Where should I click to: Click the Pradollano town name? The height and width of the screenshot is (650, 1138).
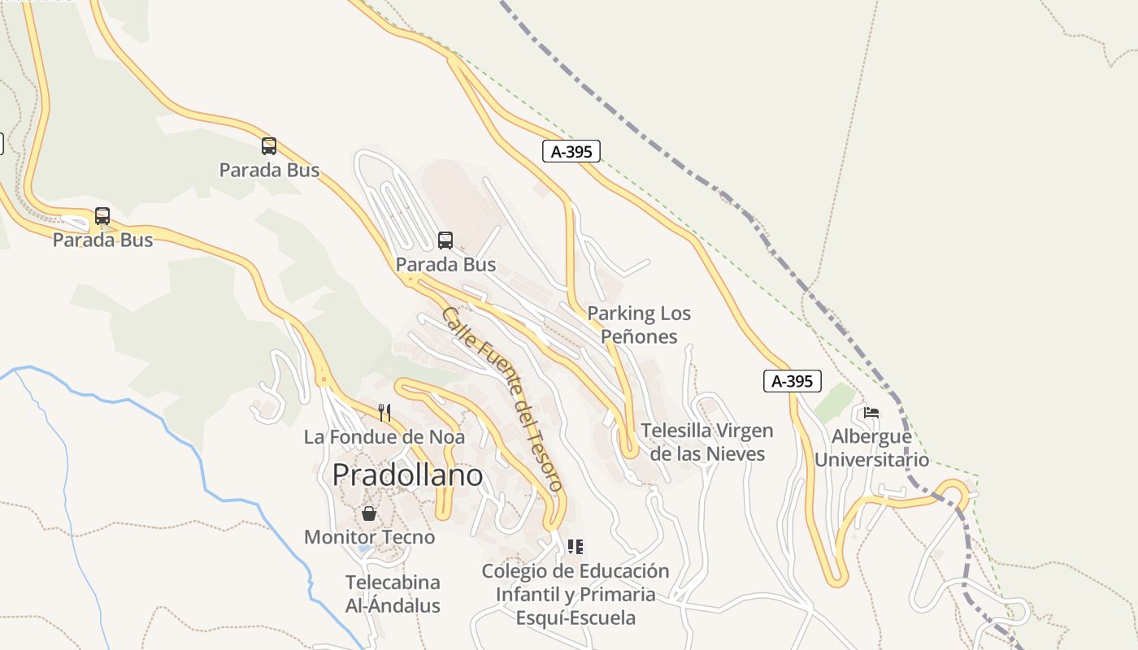407,474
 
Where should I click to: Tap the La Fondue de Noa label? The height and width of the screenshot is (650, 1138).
384,437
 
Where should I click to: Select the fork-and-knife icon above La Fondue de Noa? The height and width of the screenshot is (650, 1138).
384,413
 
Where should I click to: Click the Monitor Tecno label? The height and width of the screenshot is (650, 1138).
369,537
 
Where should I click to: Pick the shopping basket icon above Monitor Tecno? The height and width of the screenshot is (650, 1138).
369,513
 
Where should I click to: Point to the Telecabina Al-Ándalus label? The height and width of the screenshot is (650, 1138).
393,594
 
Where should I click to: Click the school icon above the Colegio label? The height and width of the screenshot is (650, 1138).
576,547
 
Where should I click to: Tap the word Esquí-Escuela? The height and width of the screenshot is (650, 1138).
576,617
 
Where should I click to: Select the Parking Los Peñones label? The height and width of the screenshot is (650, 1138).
639,324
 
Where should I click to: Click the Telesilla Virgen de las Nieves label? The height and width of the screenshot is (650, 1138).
706,442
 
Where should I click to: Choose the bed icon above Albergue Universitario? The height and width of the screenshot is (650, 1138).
871,413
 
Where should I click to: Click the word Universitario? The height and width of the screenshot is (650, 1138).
871,460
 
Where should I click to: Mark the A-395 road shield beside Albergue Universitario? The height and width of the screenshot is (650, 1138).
793,381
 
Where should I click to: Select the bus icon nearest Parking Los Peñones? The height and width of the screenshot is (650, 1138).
445,240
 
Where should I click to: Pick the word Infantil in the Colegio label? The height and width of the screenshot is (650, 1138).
530,594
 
